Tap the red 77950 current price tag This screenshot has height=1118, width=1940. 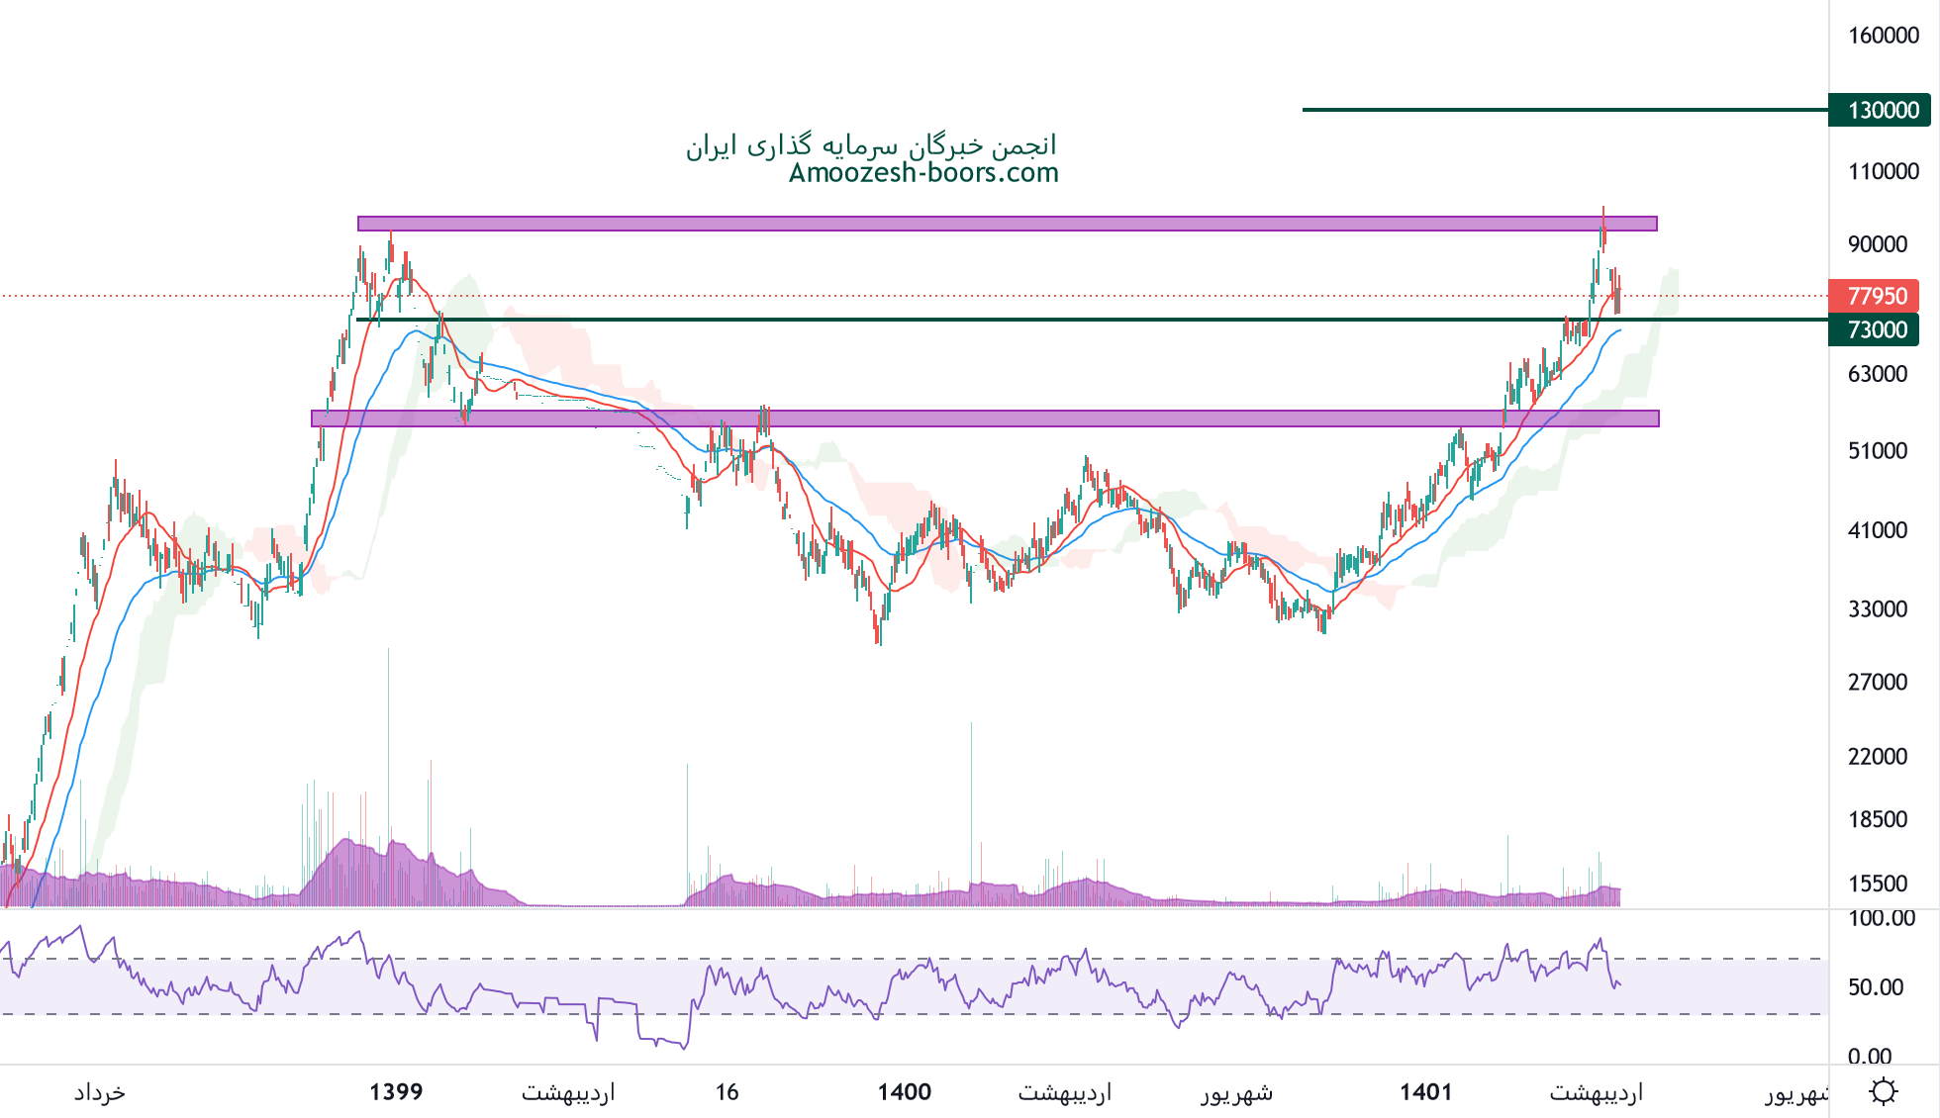(1877, 296)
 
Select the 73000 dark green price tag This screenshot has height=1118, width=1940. (1877, 329)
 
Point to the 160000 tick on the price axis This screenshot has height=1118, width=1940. (1884, 36)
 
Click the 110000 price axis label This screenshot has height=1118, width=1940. (1884, 172)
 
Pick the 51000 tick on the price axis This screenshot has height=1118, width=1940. (1878, 451)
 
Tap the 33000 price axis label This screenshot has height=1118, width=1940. (1878, 609)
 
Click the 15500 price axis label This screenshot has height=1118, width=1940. (1878, 884)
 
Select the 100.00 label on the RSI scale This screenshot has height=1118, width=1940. (1882, 918)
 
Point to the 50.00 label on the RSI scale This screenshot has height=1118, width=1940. (1876, 987)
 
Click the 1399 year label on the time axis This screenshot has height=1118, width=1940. (396, 1092)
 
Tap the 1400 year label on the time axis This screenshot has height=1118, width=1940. (905, 1092)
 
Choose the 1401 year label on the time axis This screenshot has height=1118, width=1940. (1425, 1092)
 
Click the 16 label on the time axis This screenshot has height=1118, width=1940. (727, 1092)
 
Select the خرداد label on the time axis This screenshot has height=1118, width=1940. (99, 1092)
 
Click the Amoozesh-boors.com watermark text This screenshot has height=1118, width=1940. (923, 173)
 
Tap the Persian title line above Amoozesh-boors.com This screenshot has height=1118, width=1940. (871, 145)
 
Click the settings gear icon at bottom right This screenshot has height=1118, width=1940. (1883, 1091)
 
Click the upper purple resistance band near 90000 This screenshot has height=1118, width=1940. (1007, 224)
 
